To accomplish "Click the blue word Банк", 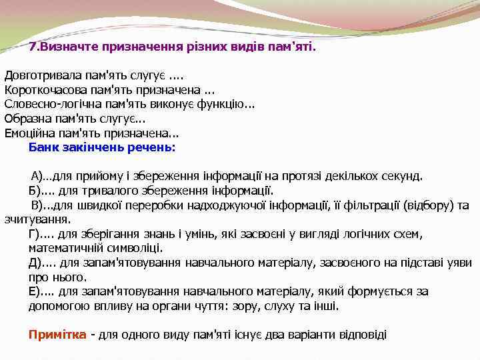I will (41, 147).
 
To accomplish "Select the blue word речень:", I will (154, 147).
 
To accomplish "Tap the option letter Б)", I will (35, 191).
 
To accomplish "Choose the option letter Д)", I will (35, 263).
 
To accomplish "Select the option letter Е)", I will (35, 291).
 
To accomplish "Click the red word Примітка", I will (57, 335).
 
